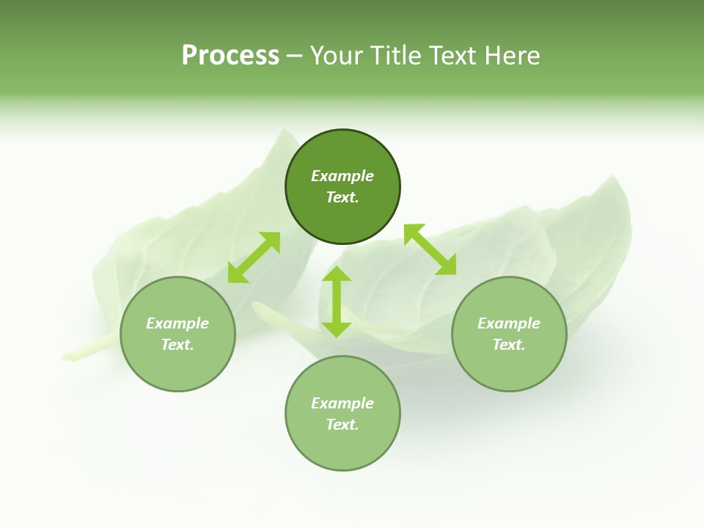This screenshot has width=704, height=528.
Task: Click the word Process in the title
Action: click(230, 56)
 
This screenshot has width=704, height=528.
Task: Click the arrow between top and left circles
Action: click(254, 257)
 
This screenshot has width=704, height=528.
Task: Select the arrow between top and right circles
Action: click(430, 249)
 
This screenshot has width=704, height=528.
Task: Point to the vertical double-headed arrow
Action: click(337, 301)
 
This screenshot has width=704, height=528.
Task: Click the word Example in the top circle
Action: click(342, 176)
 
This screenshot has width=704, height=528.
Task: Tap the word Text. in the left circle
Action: click(177, 345)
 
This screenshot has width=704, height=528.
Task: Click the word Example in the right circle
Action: click(509, 323)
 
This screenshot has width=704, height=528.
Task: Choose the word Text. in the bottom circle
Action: click(342, 425)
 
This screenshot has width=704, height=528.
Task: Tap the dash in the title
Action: click(294, 56)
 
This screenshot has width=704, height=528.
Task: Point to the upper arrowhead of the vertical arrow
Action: click(337, 275)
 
